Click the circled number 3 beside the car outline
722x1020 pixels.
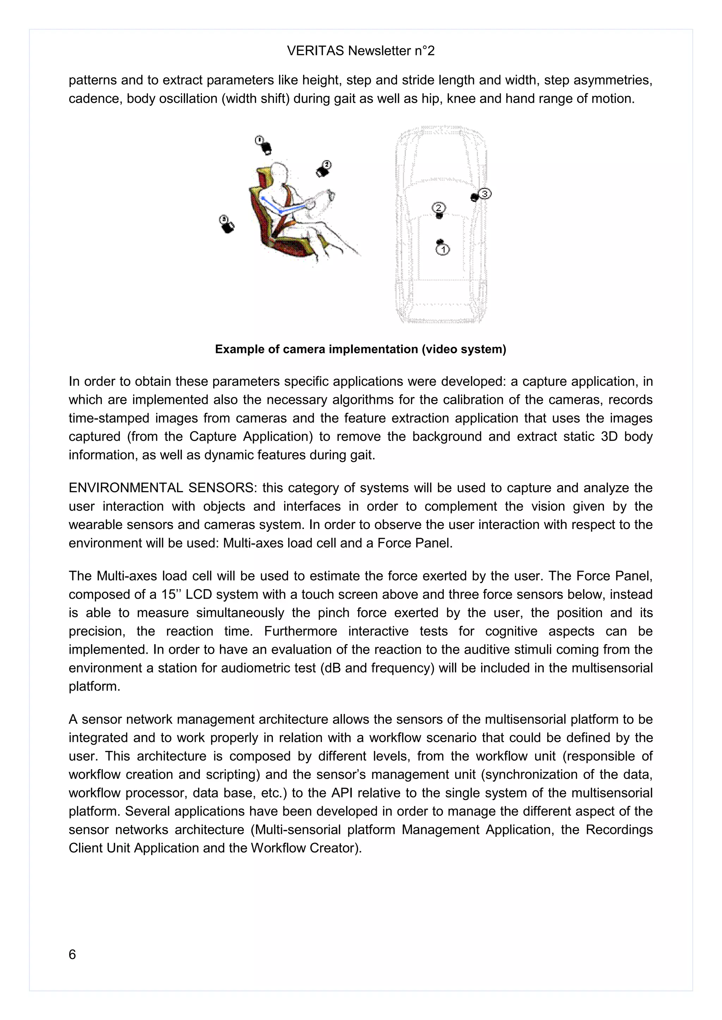(x=485, y=194)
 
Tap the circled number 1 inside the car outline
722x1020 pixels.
(x=443, y=250)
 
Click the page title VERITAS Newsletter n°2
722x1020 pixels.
(x=361, y=51)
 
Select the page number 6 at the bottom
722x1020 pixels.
(x=72, y=954)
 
